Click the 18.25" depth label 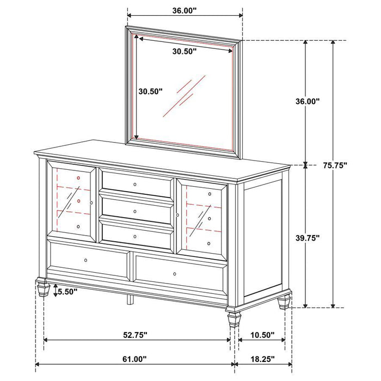click(x=262, y=359)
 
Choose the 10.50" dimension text click(x=262, y=336)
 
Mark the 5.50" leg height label click(x=67, y=292)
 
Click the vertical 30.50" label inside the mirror click(x=149, y=92)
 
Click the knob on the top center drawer click(x=136, y=185)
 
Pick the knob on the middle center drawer click(x=136, y=211)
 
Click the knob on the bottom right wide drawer click(x=175, y=273)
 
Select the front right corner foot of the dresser click(x=233, y=317)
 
